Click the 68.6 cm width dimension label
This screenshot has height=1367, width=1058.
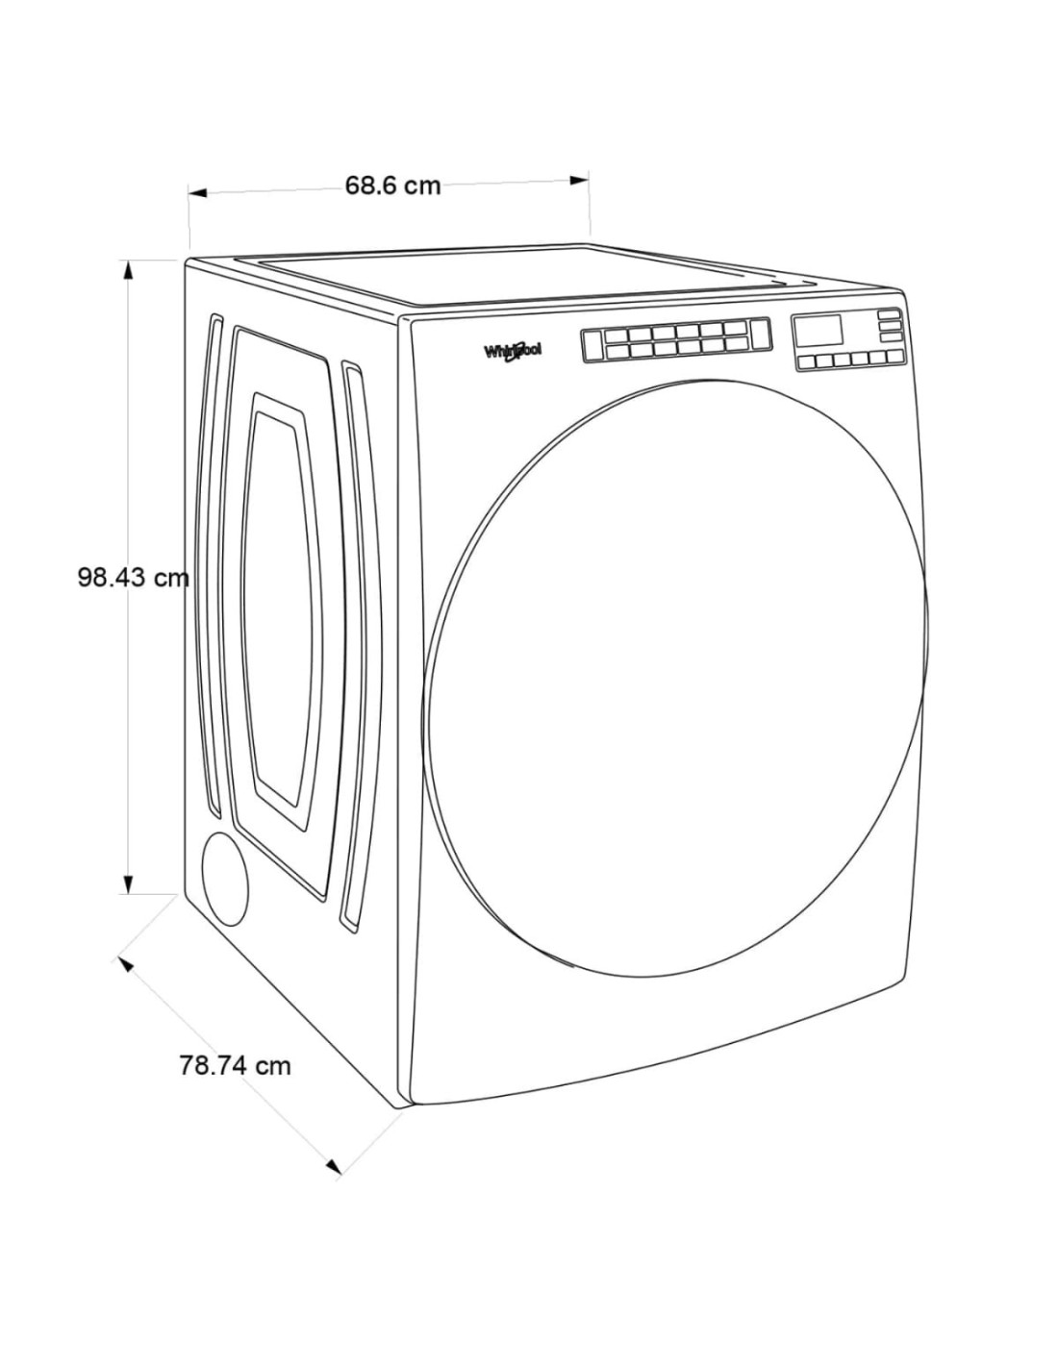coord(392,186)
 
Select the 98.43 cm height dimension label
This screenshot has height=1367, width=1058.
coord(133,578)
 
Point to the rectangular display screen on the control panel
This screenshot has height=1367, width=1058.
coord(818,330)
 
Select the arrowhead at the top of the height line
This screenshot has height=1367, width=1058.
coord(128,269)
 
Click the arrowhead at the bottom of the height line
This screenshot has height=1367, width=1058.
coord(128,883)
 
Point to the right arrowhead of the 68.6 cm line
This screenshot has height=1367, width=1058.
coord(579,181)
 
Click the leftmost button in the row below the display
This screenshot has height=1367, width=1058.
coord(806,361)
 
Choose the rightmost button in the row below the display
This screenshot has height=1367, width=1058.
coord(894,357)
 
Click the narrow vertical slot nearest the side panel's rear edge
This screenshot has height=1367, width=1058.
coord(211,566)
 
